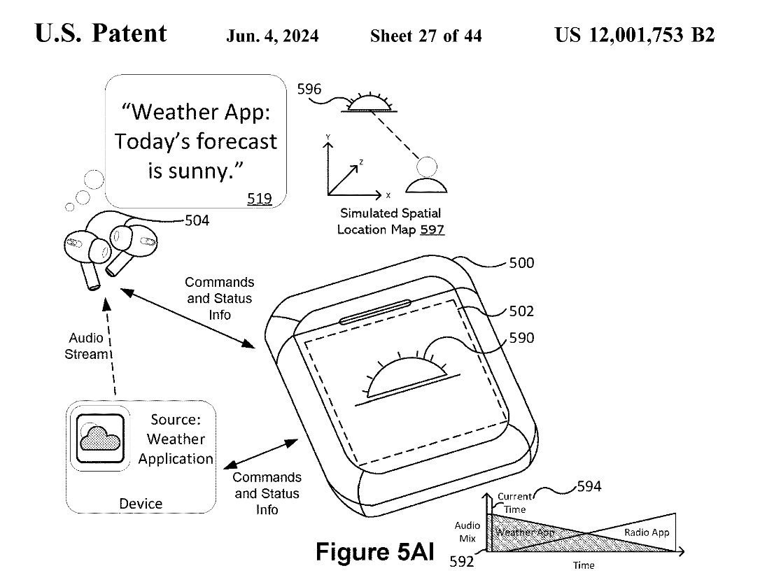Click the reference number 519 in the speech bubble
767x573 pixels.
pos(259,199)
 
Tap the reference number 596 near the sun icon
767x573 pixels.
pos(309,90)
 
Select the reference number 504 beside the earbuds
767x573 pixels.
pos(196,222)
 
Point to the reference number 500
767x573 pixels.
pos(521,263)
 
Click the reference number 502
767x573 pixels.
pos(521,312)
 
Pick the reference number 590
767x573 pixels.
pos(521,339)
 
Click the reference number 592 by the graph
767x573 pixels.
pos(460,561)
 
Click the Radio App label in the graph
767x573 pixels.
pos(646,532)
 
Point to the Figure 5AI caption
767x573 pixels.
pos(374,551)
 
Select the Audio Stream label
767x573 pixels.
pos(87,346)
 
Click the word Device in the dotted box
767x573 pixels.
pos(141,504)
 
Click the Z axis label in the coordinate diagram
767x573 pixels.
pos(361,162)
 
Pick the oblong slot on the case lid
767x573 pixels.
pos(375,312)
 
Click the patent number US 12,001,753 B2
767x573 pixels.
pos(635,35)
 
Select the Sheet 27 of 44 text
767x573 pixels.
pos(425,36)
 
